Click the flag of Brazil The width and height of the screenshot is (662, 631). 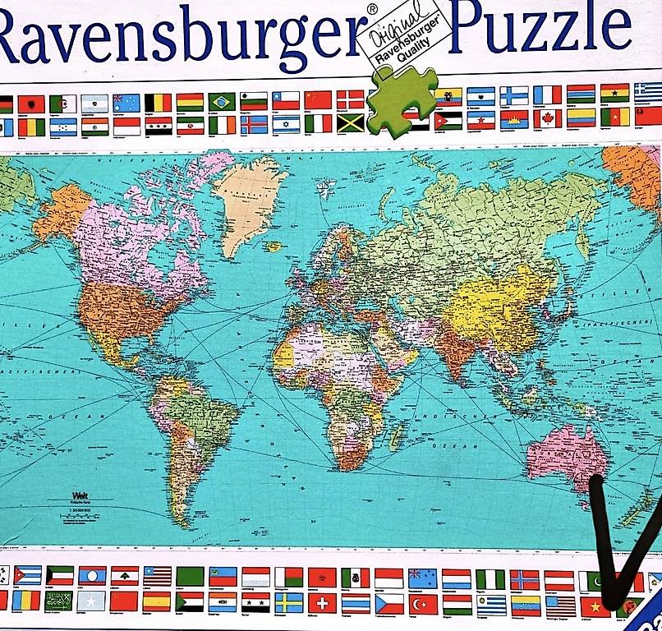click(x=221, y=102)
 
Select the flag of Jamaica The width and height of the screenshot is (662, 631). click(x=351, y=123)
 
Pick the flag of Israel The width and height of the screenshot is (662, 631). click(x=286, y=124)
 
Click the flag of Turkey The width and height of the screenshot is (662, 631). click(x=423, y=604)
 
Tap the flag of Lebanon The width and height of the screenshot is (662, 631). click(x=125, y=576)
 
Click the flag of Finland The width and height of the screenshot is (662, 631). click(x=514, y=96)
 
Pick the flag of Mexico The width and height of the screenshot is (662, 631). click(x=356, y=578)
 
